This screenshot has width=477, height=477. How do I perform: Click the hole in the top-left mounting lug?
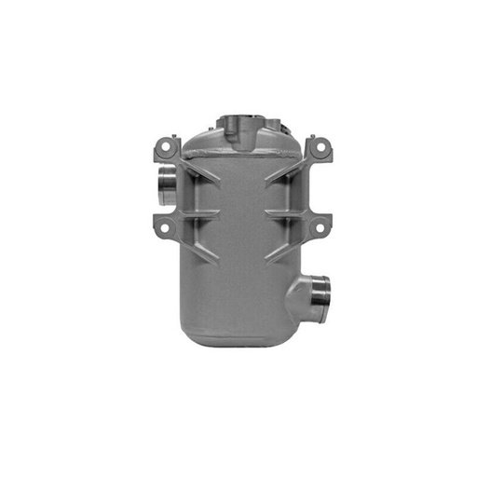(167, 145)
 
